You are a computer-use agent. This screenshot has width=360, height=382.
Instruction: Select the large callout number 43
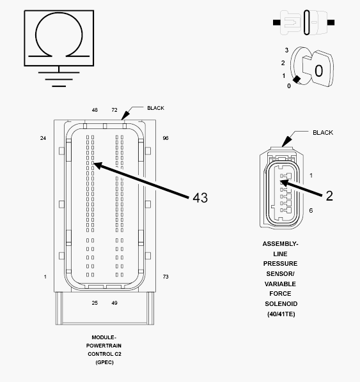(200, 197)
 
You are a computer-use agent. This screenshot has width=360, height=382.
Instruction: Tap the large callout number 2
(329, 196)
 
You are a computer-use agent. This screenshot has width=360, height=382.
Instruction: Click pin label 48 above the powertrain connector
(95, 110)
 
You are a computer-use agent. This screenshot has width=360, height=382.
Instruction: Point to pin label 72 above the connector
(114, 110)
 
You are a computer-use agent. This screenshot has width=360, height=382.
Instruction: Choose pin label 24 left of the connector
(43, 138)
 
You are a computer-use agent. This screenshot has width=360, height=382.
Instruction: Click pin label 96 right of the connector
(166, 138)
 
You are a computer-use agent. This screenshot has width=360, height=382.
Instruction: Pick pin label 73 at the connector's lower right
(166, 277)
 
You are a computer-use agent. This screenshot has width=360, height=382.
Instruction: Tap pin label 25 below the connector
(95, 303)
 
